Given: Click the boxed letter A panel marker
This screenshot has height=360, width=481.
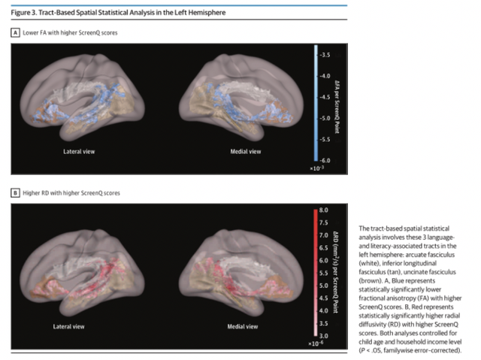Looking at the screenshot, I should pos(15,33).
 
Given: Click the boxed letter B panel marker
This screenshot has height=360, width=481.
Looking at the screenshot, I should pos(15,193).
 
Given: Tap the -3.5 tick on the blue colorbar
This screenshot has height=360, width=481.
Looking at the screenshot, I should pos(325,55).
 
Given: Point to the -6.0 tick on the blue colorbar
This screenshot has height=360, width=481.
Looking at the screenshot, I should pos(325,161).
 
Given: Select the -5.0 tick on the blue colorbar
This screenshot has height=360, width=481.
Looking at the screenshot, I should pos(325,119).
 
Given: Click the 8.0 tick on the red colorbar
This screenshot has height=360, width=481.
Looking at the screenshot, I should pos(324,211).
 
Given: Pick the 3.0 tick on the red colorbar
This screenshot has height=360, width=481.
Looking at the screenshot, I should pos(324,334).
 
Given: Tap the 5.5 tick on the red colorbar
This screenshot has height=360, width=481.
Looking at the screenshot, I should pos(324,273).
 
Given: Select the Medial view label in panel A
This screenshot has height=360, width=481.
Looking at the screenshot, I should pos(245,151).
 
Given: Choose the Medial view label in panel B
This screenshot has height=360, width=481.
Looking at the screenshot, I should pos(245,328).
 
